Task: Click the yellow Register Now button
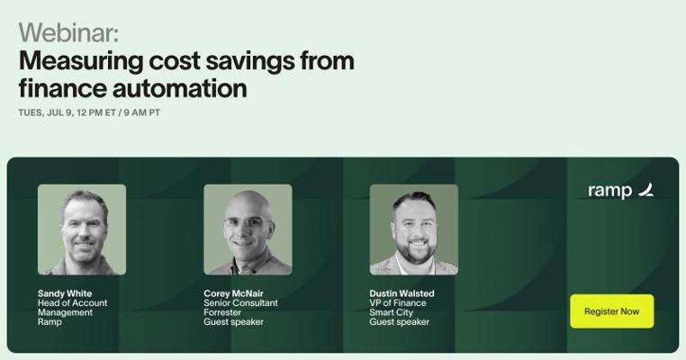(x=611, y=311)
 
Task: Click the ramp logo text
(x=609, y=191)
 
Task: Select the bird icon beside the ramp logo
(x=645, y=190)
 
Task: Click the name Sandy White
(x=65, y=293)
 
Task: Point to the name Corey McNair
(x=234, y=293)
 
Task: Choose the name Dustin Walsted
(x=402, y=293)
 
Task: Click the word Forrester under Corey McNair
(x=222, y=312)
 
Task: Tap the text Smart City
(x=391, y=313)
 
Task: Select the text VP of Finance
(x=398, y=302)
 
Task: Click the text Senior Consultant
(x=240, y=302)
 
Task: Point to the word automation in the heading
(x=180, y=88)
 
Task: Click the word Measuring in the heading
(x=81, y=61)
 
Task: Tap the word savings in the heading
(x=250, y=61)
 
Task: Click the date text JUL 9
(x=59, y=112)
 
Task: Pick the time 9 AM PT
(x=141, y=112)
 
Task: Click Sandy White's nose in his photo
(x=84, y=233)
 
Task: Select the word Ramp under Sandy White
(x=50, y=322)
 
